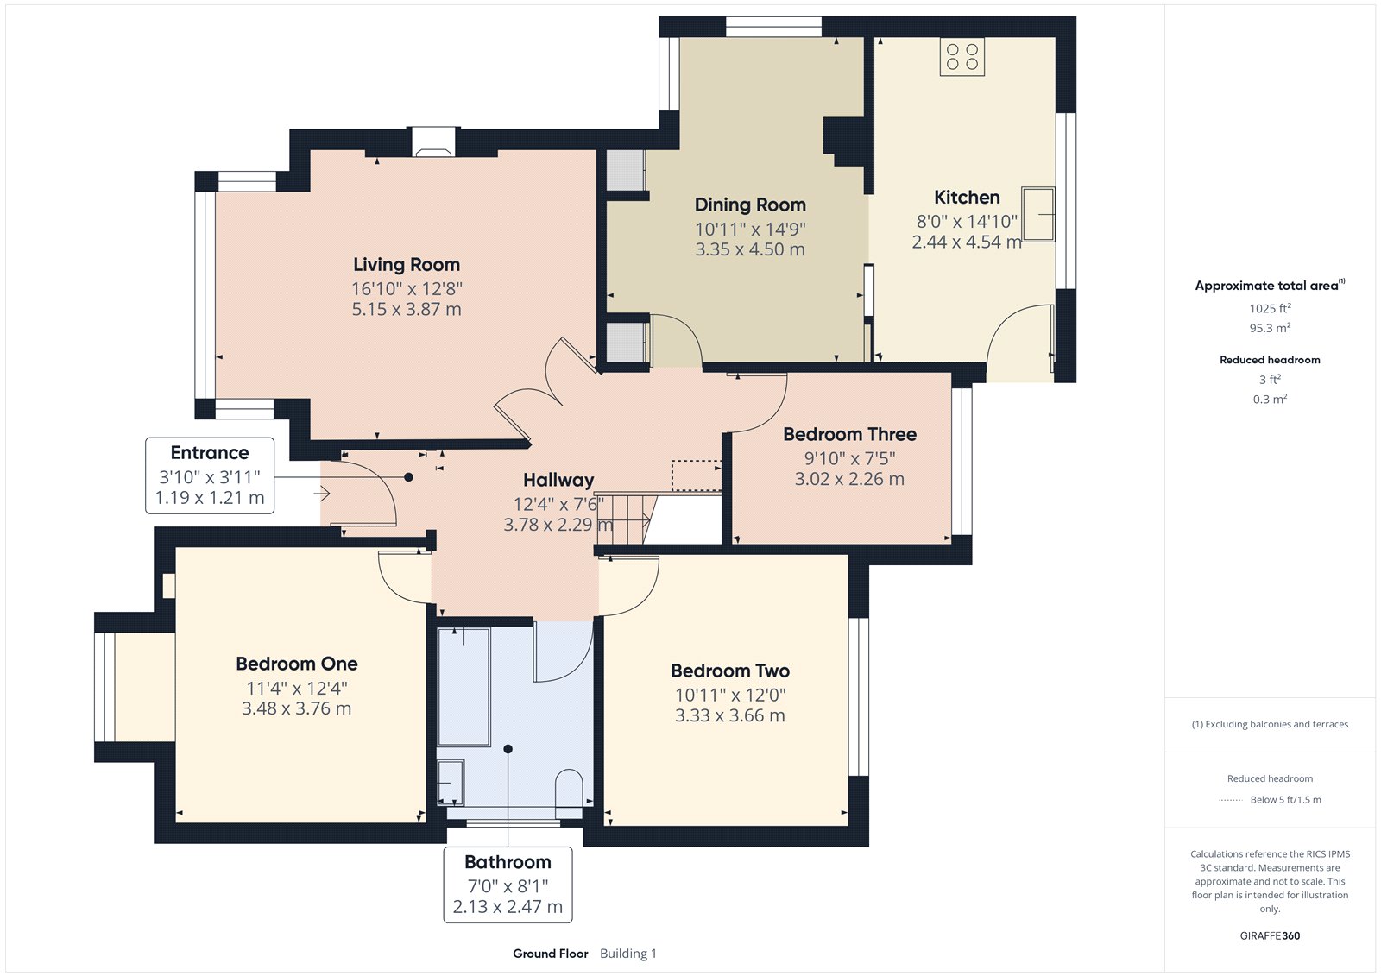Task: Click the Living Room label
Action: coord(407,265)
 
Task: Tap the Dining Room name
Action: coord(750,205)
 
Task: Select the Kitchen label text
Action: coord(967,198)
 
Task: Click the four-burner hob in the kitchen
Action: coord(962,57)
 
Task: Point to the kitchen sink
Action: coord(1038,214)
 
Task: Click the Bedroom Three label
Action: coord(849,434)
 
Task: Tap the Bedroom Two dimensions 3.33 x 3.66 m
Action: coord(730,715)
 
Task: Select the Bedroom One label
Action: coord(297,664)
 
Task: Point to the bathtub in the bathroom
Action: coord(463,687)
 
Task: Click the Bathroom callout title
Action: coord(508,862)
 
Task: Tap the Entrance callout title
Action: coord(210,452)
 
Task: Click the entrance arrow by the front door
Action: coord(322,494)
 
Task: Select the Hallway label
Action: coord(558,480)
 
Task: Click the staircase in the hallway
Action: coord(626,519)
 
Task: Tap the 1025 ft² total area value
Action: coord(1270,308)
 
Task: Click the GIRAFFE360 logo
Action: coord(1270,935)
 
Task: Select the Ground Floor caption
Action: coord(551,954)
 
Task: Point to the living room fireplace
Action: coord(434,142)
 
